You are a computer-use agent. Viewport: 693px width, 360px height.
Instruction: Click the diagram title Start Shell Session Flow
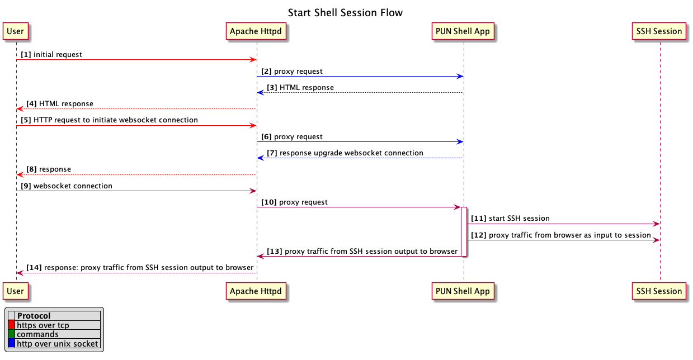point(345,12)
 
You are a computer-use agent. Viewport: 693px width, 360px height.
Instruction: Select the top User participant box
point(16,31)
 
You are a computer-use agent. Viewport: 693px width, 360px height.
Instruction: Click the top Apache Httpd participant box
point(256,31)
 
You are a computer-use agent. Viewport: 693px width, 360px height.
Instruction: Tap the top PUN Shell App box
point(463,31)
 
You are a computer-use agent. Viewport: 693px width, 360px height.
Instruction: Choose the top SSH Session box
point(659,31)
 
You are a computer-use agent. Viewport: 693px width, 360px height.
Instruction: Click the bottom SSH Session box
point(659,291)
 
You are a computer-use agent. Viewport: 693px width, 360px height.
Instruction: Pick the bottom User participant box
point(16,291)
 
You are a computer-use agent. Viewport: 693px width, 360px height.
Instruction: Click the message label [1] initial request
point(51,55)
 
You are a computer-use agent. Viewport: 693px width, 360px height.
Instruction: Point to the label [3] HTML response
point(300,87)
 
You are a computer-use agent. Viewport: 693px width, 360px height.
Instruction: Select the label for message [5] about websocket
point(110,120)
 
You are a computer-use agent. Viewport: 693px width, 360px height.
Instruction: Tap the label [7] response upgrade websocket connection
point(345,153)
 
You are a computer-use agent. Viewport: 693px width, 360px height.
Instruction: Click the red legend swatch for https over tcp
point(11,325)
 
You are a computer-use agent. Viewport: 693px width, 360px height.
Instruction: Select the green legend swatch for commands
point(11,334)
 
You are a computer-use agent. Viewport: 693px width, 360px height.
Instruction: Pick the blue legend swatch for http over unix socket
point(11,344)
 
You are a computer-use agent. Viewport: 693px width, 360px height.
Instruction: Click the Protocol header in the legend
point(34,316)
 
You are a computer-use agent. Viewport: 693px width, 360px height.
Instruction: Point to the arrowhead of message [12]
point(657,240)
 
